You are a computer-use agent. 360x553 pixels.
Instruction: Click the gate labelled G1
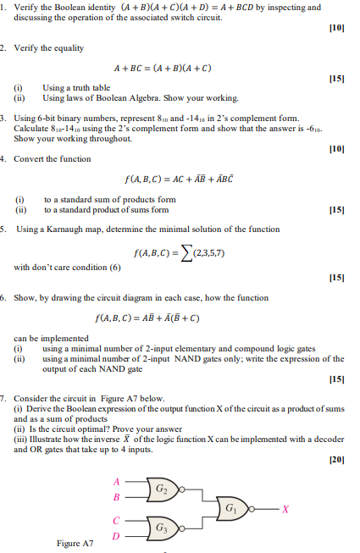[231, 509]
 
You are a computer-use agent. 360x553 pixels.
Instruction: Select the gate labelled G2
[163, 489]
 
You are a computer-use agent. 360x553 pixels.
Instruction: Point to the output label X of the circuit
[285, 510]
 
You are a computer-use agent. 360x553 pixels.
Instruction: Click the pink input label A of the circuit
[116, 481]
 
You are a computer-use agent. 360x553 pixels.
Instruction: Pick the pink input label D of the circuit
[116, 536]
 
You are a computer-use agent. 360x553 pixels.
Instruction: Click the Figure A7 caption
[75, 543]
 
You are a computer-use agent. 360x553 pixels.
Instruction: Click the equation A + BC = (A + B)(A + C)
[163, 68]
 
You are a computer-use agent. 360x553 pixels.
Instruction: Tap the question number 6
[4, 298]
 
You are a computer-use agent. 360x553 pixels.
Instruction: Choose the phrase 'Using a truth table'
[76, 87]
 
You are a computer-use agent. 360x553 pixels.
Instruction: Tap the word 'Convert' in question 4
[30, 158]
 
